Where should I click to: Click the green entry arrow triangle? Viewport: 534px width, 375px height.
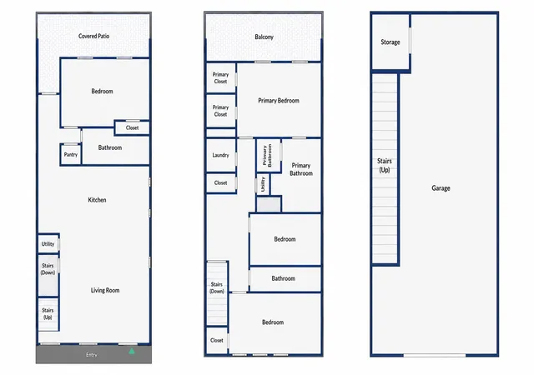click(132, 351)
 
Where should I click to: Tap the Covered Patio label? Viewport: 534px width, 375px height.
click(93, 36)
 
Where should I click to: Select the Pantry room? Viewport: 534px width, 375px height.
click(70, 154)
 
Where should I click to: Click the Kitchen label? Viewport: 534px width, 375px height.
click(97, 200)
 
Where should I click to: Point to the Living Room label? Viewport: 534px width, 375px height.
click(105, 290)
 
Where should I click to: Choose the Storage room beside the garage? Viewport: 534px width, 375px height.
click(390, 42)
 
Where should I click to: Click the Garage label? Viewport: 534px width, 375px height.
click(441, 187)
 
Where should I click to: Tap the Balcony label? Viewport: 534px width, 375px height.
click(264, 37)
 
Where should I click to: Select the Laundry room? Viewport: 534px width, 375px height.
click(220, 155)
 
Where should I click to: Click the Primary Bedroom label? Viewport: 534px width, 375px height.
click(279, 100)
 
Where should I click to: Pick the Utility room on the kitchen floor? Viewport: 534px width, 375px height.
click(48, 243)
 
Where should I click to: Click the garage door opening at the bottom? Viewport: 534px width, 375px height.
click(434, 355)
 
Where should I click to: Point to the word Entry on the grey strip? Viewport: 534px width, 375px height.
click(91, 354)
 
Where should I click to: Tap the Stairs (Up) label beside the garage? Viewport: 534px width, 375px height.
click(385, 165)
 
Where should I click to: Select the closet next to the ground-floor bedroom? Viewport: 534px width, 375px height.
click(132, 128)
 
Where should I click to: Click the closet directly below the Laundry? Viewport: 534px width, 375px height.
click(220, 183)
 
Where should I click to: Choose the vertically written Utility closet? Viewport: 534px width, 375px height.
click(263, 184)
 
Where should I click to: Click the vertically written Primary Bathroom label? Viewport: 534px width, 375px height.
click(267, 156)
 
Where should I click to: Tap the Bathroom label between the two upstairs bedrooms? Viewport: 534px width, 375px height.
click(284, 278)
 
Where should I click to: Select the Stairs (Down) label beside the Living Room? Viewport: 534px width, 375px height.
click(48, 269)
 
